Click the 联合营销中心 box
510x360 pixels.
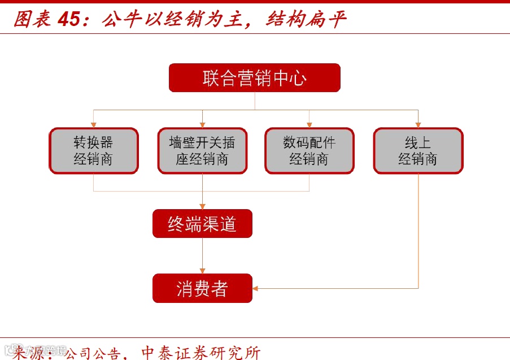tap(255, 77)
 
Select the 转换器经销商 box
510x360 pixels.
tap(93, 150)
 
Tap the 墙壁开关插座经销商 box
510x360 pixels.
tap(202, 150)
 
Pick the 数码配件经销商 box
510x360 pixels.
tap(309, 150)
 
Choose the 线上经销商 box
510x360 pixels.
tap(418, 150)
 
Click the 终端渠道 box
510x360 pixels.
tap(202, 224)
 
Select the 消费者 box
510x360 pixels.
tap(202, 288)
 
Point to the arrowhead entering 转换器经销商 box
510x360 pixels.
tap(93, 125)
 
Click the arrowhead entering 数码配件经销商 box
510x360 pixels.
tap(309, 125)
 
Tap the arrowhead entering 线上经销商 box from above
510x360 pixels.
tap(418, 125)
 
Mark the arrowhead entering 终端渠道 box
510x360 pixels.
tap(202, 207)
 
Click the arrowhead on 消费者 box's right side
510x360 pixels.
tap(256, 288)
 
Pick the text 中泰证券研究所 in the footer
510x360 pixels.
tap(200, 353)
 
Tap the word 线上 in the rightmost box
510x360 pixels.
tap(418, 143)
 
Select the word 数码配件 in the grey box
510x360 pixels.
tap(309, 143)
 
